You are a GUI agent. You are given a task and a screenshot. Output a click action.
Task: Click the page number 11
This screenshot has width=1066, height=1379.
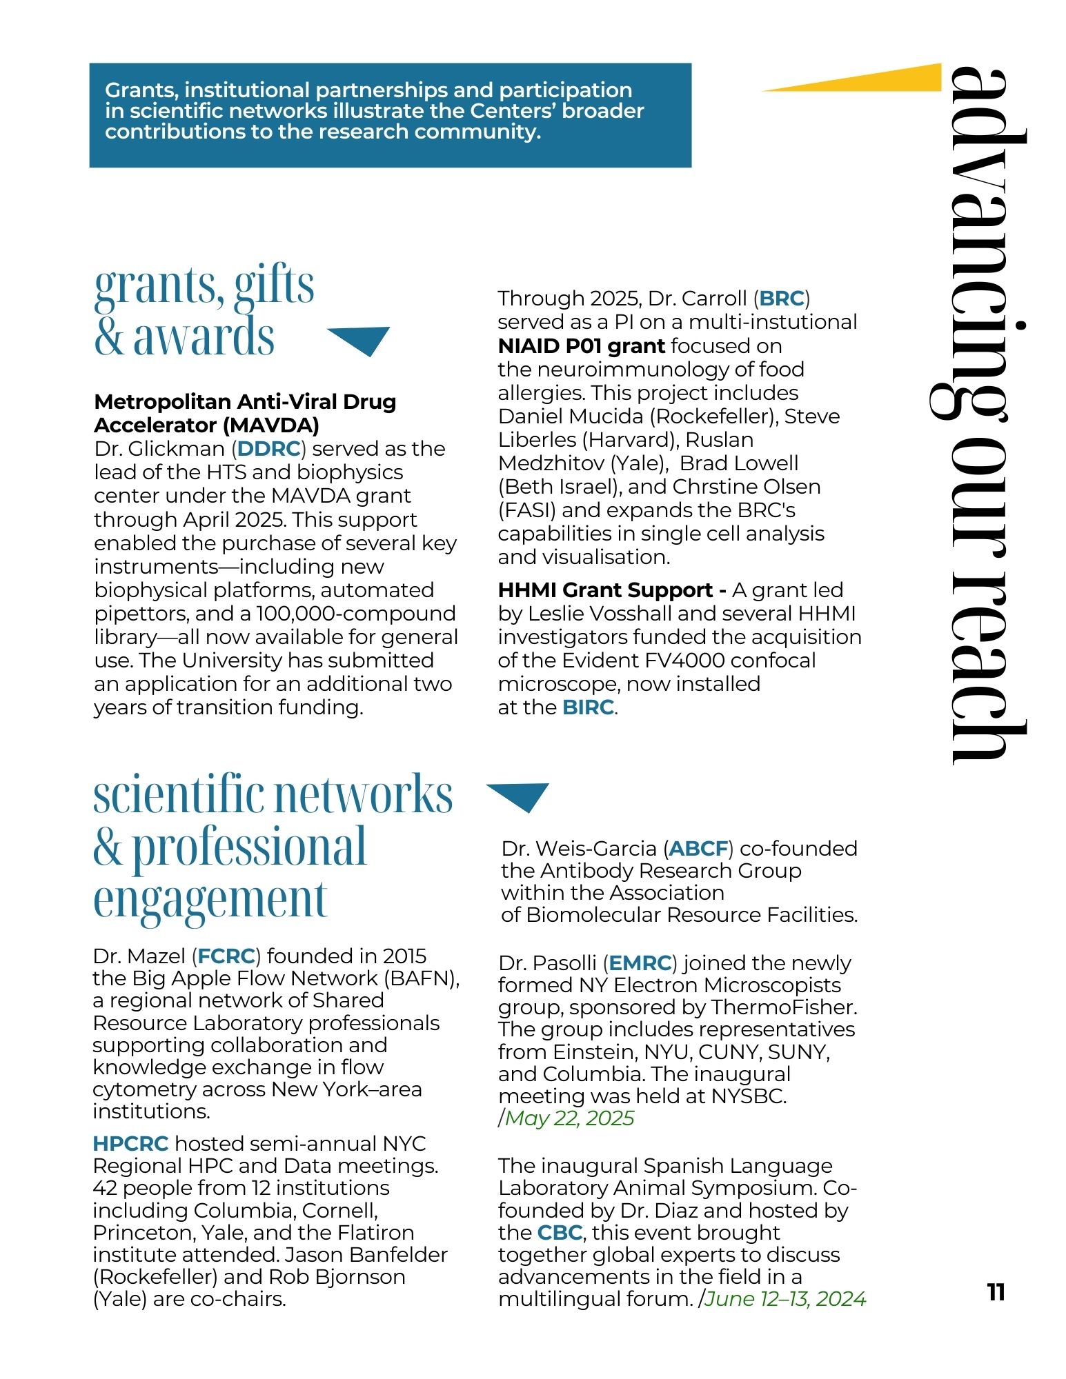point(995,1291)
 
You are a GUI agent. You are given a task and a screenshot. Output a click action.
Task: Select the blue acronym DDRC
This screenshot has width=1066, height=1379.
point(269,449)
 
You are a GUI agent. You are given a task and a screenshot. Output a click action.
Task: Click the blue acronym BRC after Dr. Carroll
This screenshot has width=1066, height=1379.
point(782,299)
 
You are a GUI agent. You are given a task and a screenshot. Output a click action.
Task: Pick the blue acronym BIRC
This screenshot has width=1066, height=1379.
point(588,707)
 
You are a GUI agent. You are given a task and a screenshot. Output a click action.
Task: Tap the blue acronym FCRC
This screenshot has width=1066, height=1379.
point(226,956)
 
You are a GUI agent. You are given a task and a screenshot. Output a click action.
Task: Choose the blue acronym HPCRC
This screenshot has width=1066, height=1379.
point(130,1144)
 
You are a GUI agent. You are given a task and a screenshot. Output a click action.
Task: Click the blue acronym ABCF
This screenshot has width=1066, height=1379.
point(698,849)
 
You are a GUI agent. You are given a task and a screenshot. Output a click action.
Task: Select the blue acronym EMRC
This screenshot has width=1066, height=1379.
point(640,963)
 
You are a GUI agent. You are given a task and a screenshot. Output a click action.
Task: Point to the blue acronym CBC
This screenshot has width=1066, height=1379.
point(560,1233)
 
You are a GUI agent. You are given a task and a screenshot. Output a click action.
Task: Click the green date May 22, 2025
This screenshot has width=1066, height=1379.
point(569,1118)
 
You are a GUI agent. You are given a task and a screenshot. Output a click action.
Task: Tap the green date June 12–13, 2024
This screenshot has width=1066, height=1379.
point(785,1299)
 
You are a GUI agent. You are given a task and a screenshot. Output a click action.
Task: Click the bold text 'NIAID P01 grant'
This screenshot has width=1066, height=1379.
point(581,346)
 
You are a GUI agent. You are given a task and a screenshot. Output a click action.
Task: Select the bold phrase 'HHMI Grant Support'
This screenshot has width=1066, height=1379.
point(606,590)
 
